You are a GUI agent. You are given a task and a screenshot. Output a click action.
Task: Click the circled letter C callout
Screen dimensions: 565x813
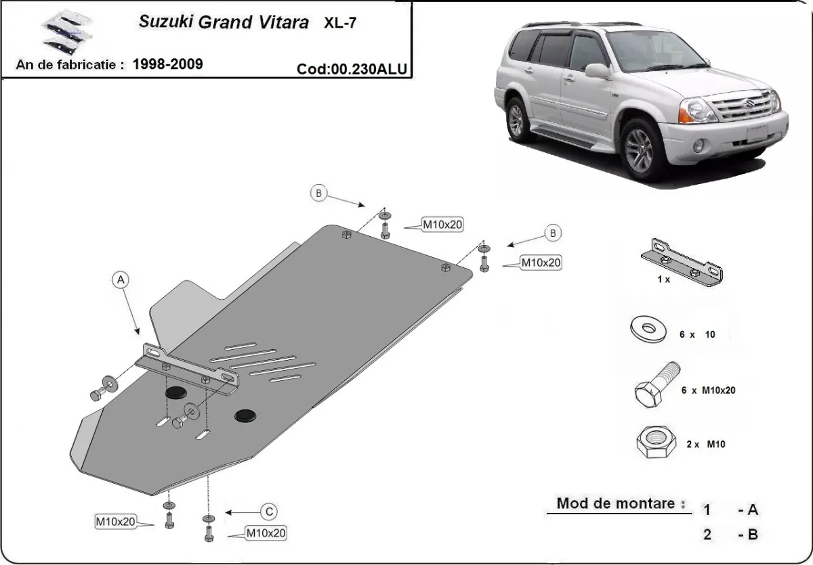(268, 511)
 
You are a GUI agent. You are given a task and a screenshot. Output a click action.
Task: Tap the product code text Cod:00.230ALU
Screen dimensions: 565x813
(352, 69)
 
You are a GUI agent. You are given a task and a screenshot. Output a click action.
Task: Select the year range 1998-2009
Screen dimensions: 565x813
(167, 64)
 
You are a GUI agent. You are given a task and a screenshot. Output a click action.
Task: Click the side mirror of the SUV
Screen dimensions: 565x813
(597, 70)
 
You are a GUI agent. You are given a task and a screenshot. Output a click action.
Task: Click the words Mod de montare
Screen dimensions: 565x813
(621, 503)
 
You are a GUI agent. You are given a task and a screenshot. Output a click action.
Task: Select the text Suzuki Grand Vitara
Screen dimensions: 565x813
(224, 22)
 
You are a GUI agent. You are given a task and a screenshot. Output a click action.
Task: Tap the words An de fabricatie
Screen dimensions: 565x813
(69, 65)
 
